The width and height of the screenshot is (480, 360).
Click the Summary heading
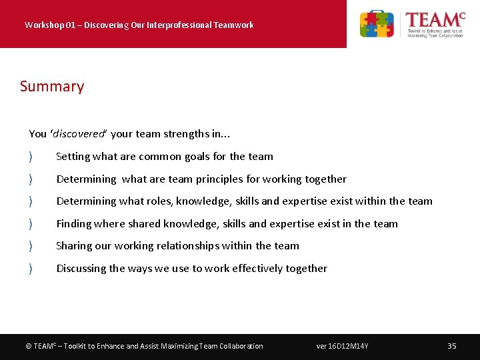coord(52,87)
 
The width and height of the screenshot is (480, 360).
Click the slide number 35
coord(451,346)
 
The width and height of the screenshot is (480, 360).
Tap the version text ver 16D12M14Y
coord(342,346)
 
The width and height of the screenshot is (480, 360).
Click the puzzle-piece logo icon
coord(377,24)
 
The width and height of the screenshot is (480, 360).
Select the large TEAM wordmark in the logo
coord(434,19)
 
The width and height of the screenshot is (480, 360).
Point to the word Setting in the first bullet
coord(73,157)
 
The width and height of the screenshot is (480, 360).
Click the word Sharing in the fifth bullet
coord(74,246)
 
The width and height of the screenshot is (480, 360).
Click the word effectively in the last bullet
coord(254,269)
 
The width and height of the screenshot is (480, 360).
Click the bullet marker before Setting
coord(31,157)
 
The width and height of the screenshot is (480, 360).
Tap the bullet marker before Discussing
coord(31,269)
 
